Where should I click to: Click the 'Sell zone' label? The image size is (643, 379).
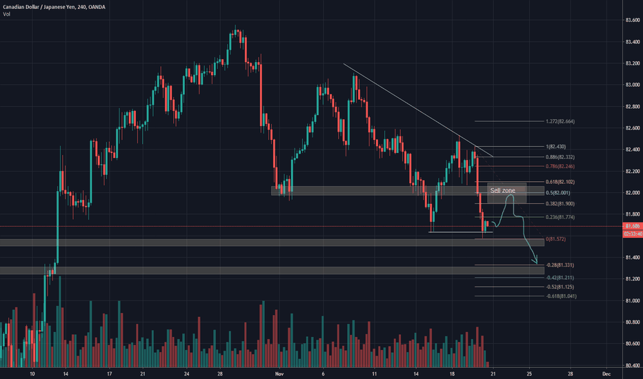502,189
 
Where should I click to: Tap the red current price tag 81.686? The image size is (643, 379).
631,226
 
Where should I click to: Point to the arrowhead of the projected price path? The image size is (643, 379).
535,262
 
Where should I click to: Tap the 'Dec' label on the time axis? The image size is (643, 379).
606,374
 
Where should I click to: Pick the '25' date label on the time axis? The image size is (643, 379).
528,374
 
